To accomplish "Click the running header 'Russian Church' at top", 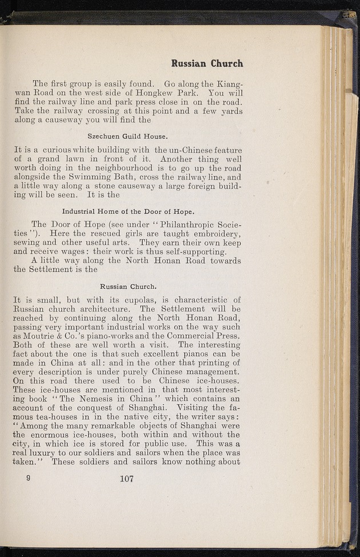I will tap(207, 63).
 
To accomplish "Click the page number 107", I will tap(127, 479).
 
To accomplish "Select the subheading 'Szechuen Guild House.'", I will tap(127, 136).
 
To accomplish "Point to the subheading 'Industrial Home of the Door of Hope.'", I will tap(128, 210).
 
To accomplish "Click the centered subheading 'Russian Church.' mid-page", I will tap(128, 286).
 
